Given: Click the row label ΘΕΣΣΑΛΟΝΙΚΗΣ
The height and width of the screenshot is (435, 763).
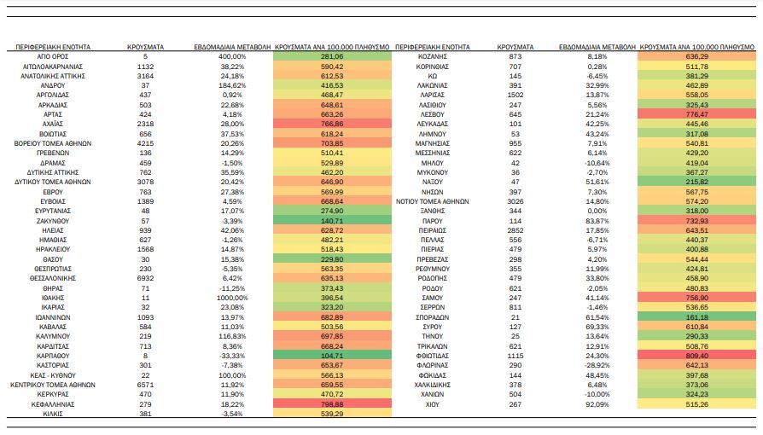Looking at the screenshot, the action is click(x=53, y=278).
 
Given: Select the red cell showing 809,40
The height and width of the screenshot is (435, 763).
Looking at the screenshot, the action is click(x=696, y=356).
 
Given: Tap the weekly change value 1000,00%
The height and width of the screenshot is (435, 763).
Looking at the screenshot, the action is click(x=232, y=298).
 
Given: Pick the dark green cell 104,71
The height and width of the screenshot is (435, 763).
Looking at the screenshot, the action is click(x=332, y=356).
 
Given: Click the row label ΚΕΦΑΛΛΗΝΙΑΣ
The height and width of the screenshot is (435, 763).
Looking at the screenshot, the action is click(x=53, y=404).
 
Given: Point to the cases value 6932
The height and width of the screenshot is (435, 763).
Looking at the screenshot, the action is click(x=145, y=278).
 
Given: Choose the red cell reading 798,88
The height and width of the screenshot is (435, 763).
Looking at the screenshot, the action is click(x=332, y=403).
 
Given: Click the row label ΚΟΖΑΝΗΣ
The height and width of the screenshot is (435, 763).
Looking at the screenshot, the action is click(x=433, y=56).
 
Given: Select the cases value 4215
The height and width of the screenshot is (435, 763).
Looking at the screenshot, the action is click(x=145, y=143).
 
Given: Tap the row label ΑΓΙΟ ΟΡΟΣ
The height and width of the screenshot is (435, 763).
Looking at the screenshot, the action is click(x=53, y=56).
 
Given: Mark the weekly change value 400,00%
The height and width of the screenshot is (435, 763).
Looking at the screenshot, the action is click(x=232, y=56).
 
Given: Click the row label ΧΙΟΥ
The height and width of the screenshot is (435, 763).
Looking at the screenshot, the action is click(x=433, y=404).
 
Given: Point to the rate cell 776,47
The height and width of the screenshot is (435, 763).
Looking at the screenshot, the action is click(x=696, y=114).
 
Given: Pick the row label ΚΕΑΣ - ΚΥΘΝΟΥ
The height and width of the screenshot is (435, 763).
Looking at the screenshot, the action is click(x=53, y=375).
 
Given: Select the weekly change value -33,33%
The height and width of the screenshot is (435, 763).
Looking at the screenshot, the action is click(x=232, y=356).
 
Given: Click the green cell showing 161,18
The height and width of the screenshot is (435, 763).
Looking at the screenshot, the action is click(x=696, y=317).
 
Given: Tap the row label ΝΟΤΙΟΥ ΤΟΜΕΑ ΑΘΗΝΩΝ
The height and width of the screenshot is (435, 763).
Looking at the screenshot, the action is click(x=433, y=201).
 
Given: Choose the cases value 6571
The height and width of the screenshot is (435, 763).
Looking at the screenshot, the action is click(x=145, y=385).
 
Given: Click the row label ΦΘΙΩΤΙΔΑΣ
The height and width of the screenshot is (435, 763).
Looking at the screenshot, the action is click(x=433, y=356).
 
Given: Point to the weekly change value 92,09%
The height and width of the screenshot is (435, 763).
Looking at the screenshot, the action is click(x=597, y=404).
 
